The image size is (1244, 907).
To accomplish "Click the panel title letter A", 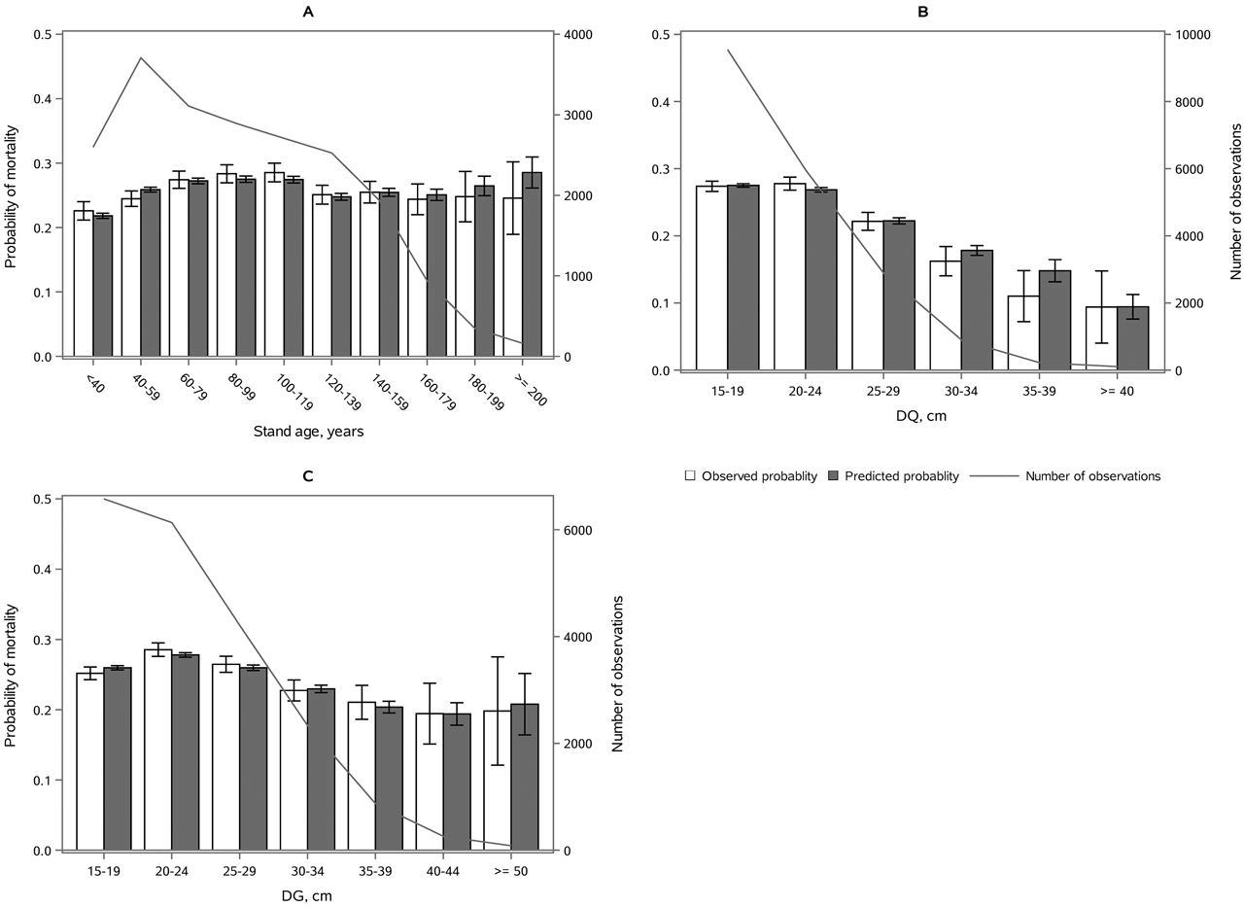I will click(307, 12).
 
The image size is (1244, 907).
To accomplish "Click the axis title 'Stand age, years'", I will click(307, 432).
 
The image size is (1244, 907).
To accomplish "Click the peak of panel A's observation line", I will click(141, 57).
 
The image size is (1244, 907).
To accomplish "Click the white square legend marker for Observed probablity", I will click(691, 476).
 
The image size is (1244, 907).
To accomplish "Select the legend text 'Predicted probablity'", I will click(902, 476).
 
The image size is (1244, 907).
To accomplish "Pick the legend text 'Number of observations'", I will click(1093, 476).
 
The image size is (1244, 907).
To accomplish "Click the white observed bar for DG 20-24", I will click(157, 750).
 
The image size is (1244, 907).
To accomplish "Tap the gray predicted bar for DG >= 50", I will click(524, 777).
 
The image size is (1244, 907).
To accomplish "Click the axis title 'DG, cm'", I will click(307, 896).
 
